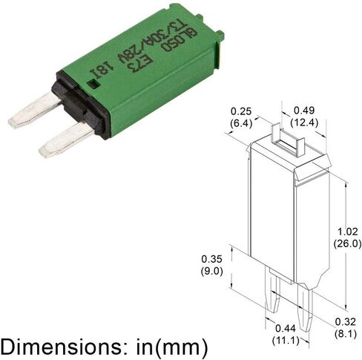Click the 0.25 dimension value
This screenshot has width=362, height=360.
click(x=241, y=111)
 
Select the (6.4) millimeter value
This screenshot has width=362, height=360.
click(x=241, y=123)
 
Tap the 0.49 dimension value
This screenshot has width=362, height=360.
click(x=304, y=111)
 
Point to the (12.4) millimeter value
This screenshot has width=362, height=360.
click(x=304, y=122)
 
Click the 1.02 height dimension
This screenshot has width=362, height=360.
click(x=348, y=232)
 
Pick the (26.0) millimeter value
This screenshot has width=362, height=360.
click(x=347, y=243)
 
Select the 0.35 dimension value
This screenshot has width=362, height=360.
click(x=211, y=259)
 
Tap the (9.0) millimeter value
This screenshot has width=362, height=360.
click(x=211, y=271)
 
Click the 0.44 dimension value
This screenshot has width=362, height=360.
click(x=286, y=329)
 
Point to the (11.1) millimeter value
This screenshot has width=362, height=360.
click(x=286, y=341)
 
